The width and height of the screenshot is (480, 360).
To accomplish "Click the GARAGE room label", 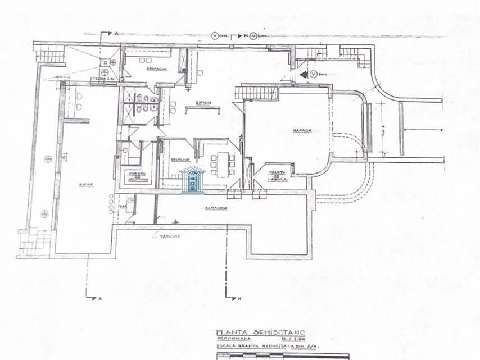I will [x=302, y=131].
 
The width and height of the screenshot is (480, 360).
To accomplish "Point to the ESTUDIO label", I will [x=203, y=103].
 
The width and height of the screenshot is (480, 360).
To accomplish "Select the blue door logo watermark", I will [x=191, y=180].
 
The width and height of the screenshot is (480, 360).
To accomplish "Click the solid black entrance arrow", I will [x=306, y=74].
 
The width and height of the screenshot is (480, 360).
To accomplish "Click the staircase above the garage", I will [x=251, y=92].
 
